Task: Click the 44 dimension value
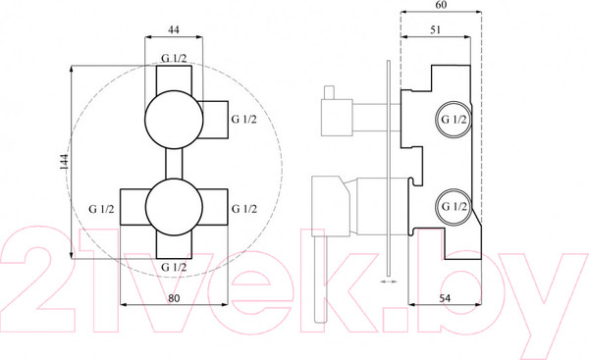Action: pyautogui.click(x=173, y=29)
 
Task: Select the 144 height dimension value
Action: pyautogui.click(x=64, y=162)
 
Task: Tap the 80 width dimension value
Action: pyautogui.click(x=174, y=298)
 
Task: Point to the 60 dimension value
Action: pyautogui.click(x=442, y=5)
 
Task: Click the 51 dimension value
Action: pyautogui.click(x=435, y=29)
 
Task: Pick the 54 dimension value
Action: pyautogui.click(x=445, y=298)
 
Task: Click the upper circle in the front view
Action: pyautogui.click(x=174, y=120)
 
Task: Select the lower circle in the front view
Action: pyautogui.click(x=174, y=207)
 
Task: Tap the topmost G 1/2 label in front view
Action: pyautogui.click(x=174, y=59)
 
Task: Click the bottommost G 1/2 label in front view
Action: pyautogui.click(x=174, y=267)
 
